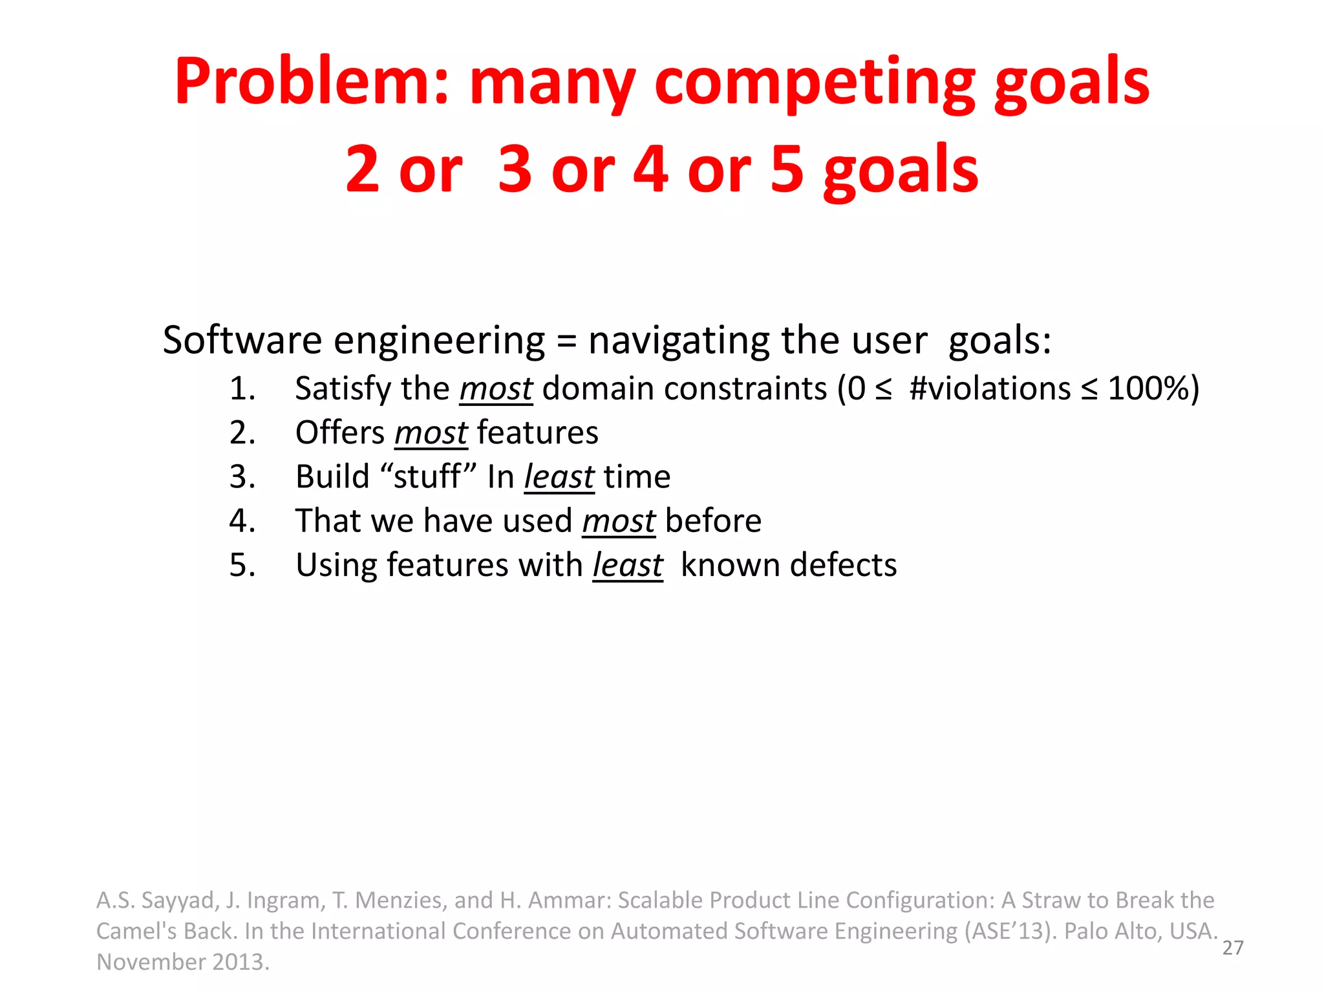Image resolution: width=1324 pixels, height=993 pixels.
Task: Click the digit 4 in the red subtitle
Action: click(x=650, y=169)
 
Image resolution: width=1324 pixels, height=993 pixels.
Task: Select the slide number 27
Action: click(x=1233, y=948)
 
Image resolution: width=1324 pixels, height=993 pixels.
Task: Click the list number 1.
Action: click(x=242, y=389)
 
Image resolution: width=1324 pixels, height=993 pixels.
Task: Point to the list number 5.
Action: click(x=242, y=565)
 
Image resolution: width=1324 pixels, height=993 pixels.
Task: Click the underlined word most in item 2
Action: click(x=431, y=432)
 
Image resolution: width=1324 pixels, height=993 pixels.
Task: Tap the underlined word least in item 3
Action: click(x=559, y=477)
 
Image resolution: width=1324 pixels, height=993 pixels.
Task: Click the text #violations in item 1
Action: click(x=990, y=389)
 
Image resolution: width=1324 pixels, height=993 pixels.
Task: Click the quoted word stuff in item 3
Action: click(x=427, y=477)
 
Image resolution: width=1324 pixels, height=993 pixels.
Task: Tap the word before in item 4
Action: click(x=713, y=521)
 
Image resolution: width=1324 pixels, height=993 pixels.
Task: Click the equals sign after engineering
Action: click(x=566, y=341)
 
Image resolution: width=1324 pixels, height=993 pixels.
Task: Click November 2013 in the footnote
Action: click(x=182, y=962)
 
